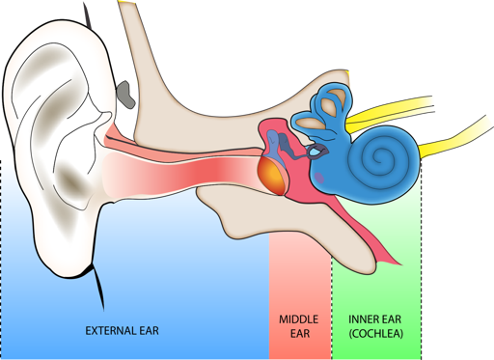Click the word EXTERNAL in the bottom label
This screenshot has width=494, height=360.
click(107, 330)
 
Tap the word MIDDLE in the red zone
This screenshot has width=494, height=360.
click(299, 318)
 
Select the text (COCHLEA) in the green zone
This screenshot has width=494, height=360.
click(376, 334)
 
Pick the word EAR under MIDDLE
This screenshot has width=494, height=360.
click(299, 334)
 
